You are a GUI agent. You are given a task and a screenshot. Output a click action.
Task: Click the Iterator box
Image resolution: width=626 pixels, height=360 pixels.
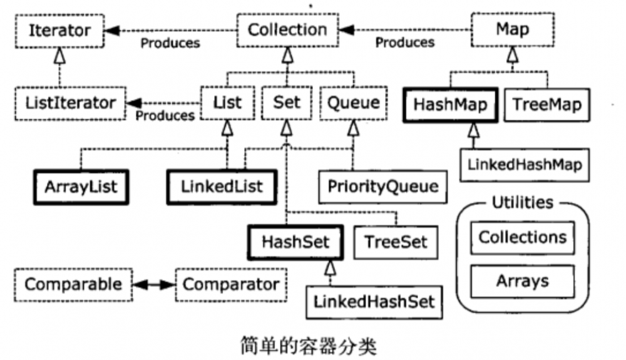(60, 30)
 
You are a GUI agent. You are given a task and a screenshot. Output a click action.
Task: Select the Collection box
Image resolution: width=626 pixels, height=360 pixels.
(288, 29)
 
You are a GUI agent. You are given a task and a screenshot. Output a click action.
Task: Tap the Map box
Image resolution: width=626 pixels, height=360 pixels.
(512, 29)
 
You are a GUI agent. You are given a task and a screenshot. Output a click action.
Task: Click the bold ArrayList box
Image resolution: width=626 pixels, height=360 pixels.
(81, 186)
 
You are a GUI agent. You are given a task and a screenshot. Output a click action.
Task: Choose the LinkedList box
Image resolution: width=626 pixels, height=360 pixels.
(222, 186)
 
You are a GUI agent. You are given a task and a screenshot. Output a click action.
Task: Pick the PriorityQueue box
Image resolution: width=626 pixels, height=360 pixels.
(383, 186)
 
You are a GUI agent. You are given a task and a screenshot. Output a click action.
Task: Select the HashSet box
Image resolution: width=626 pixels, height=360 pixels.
(295, 242)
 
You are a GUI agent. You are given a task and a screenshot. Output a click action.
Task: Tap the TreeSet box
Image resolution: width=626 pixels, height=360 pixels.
(394, 242)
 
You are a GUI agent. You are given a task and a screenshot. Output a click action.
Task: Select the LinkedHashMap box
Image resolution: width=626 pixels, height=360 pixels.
(525, 165)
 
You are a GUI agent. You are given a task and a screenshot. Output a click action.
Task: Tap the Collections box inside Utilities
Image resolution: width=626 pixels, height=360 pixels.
(522, 237)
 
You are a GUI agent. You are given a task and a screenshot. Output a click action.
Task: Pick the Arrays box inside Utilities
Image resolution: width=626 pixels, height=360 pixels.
(522, 280)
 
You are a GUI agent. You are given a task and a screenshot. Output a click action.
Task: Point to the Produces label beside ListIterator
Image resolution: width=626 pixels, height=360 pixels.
(165, 116)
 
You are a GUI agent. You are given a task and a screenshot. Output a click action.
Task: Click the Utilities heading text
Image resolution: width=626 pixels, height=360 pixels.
(522, 202)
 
